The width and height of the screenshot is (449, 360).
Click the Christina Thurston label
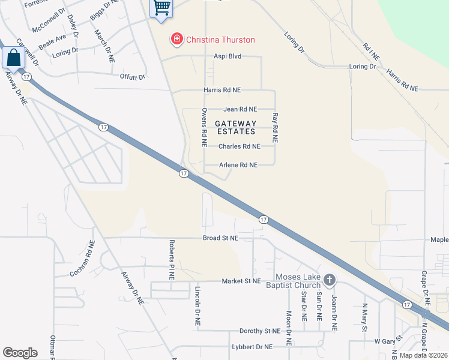(x=220, y=40)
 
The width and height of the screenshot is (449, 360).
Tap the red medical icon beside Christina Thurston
(x=177, y=40)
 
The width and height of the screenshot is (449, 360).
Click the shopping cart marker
(x=160, y=8)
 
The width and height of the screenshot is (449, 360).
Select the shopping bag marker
(x=13, y=58)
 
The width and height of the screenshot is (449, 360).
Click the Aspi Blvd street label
(x=228, y=56)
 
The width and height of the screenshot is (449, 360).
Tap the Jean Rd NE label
(x=240, y=109)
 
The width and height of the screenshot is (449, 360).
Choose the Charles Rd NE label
(x=239, y=146)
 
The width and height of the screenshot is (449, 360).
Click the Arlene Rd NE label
(x=238, y=165)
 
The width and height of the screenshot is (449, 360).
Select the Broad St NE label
(x=220, y=238)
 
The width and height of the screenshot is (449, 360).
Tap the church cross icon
(x=329, y=280)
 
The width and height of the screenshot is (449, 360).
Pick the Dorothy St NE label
(x=260, y=331)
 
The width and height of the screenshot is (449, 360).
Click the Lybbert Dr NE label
(x=252, y=347)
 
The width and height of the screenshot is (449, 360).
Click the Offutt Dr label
(x=133, y=77)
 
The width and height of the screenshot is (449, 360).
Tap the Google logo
(x=20, y=353)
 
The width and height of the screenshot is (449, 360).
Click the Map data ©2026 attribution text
(x=423, y=355)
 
